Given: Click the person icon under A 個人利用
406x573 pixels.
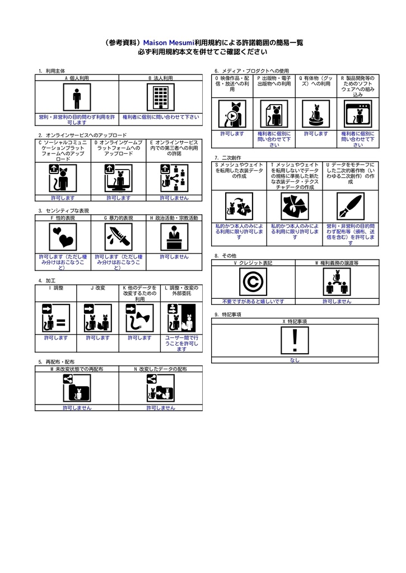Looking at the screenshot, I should point(77,98).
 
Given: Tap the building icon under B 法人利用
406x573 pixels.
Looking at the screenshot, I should point(161,98).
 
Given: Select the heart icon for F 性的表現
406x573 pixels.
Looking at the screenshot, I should point(63,237).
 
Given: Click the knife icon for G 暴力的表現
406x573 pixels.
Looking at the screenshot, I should point(118,237).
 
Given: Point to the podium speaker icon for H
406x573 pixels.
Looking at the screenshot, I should point(174,237).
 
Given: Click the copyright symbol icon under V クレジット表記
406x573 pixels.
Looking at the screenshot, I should point(253,281).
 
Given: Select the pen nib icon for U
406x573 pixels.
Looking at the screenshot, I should point(351,206).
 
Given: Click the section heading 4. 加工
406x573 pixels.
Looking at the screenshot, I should point(47,280).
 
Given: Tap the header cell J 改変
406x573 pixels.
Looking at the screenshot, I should point(97,288).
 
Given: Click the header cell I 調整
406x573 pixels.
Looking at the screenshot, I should point(56,288).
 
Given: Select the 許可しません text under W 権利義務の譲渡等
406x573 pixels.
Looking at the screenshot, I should point(337,301).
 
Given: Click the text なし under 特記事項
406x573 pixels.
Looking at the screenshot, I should point(295,360).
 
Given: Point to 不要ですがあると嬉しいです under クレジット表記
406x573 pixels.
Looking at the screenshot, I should point(253,301).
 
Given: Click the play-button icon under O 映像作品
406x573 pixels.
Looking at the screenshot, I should point(232,114).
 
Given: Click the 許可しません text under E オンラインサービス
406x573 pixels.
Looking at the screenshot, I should point(174,198).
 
